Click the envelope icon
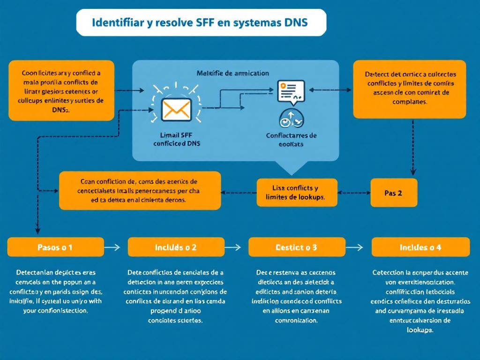coord(176,109)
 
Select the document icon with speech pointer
coord(291,91)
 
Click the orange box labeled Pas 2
coord(394,193)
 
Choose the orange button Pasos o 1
coord(55,247)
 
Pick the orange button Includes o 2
coord(176,247)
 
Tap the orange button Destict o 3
coord(296,247)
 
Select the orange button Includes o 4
coord(420,247)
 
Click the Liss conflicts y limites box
coord(297,193)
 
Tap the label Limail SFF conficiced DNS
coord(176,139)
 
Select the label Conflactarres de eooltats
coord(291,140)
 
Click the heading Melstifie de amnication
coord(232,73)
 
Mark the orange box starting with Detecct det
coord(409,89)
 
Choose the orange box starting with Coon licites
coord(61,90)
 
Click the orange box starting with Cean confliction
coord(140,190)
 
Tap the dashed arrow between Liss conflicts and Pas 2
coord(354,192)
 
